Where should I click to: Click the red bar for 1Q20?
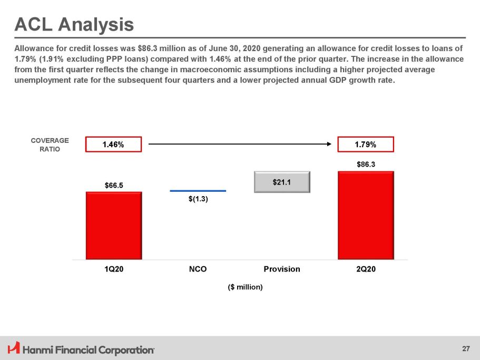coord(114,226)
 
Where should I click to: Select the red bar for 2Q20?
coord(366,215)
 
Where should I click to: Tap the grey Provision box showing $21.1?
coord(282,182)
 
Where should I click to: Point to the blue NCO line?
coord(198,191)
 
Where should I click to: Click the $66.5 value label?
coord(114,185)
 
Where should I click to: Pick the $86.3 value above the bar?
coord(366,164)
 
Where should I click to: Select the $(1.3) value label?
coord(198,199)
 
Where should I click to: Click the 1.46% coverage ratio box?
coord(114,144)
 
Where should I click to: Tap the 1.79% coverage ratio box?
coord(366,144)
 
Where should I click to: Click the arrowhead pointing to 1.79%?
coord(329,144)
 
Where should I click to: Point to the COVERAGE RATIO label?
coord(50,145)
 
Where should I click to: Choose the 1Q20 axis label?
coord(114,269)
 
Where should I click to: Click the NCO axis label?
coord(198,269)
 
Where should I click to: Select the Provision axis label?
coord(282,269)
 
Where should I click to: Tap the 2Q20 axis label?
coord(366,269)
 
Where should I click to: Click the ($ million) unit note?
coord(245,287)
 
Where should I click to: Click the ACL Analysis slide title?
coord(74,24)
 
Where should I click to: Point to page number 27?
coord(466,349)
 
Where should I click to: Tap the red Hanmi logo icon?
coord(14,347)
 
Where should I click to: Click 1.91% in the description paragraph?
coord(52,59)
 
